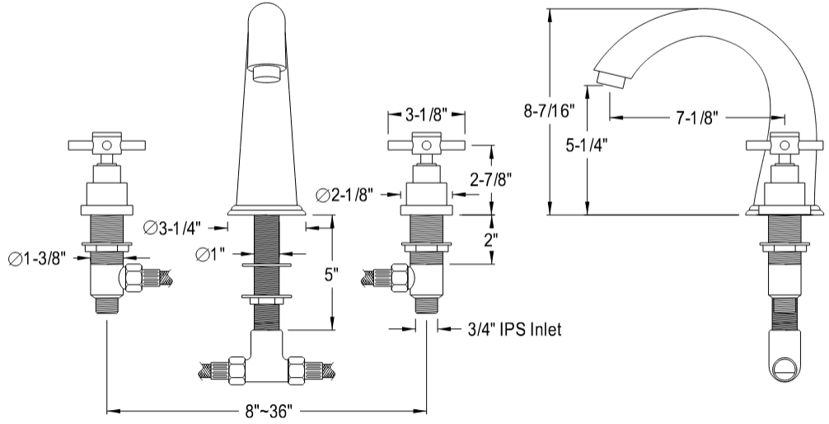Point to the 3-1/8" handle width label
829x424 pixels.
tap(427, 116)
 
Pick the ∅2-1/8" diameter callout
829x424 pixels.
tap(344, 195)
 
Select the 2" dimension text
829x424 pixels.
tap(490, 240)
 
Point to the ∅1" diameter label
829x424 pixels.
tap(213, 255)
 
